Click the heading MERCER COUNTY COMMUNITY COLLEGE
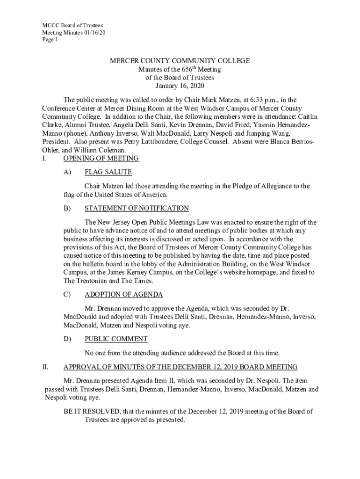pos(180,61)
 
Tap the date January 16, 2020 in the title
pos(180,86)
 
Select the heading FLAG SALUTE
pos(108,172)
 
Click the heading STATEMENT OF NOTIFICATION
pos(137,208)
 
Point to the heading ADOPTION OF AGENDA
pos(123,295)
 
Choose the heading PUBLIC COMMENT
pos(116,339)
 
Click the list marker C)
pos(67,295)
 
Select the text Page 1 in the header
pos(50,40)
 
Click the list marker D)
pos(67,339)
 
